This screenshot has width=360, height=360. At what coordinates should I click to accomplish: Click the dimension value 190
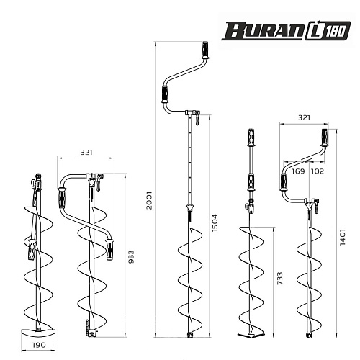pyautogui.click(x=39, y=345)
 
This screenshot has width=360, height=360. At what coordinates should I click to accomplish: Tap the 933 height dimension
pyautogui.click(x=131, y=257)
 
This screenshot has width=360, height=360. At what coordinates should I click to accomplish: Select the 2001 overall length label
pyautogui.click(x=149, y=200)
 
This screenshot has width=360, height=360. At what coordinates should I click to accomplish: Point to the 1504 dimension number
pyautogui.click(x=215, y=222)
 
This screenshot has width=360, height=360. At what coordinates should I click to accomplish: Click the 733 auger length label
pyautogui.click(x=280, y=279)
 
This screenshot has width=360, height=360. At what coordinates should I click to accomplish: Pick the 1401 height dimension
pyautogui.click(x=343, y=237)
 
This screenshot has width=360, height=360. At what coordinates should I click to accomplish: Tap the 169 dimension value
pyautogui.click(x=298, y=171)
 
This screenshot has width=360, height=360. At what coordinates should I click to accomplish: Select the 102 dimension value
pyautogui.click(x=318, y=171)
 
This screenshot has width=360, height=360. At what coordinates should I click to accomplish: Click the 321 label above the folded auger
pyautogui.click(x=86, y=153)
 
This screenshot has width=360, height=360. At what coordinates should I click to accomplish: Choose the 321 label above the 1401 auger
pyautogui.click(x=304, y=117)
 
